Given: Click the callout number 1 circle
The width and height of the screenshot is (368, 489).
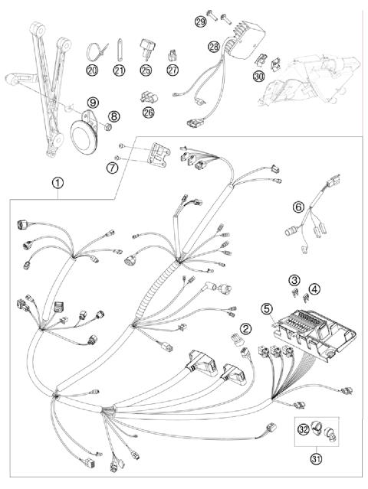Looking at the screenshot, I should tap(58, 184).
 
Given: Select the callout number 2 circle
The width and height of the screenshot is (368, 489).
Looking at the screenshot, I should tap(245, 329).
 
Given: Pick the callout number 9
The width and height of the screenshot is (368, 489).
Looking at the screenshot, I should tap(93, 101).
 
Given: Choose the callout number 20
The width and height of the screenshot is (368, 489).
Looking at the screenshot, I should tap(93, 70).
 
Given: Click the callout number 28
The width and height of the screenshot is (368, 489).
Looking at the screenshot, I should tap(214, 47).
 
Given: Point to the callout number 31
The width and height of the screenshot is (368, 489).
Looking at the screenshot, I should tap(315, 458).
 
